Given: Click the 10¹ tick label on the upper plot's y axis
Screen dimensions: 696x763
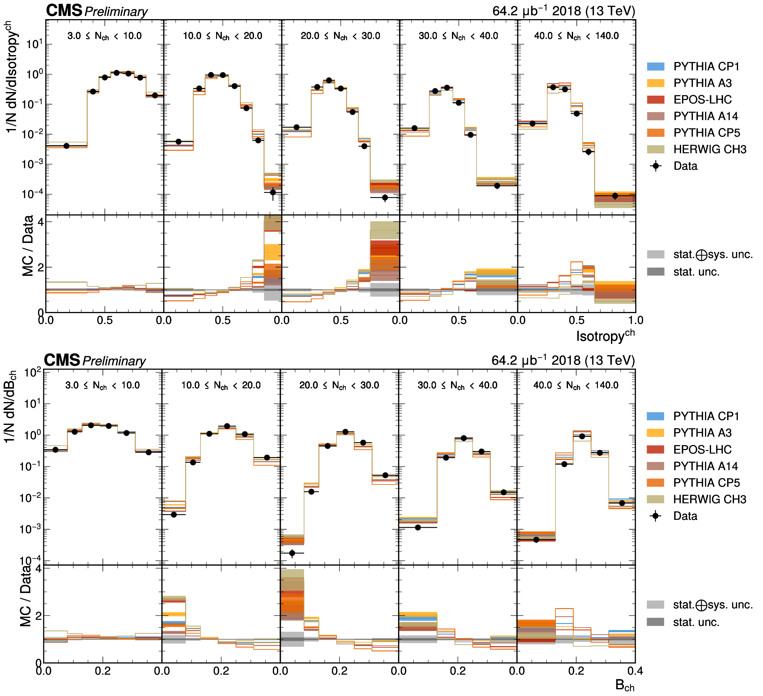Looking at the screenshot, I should click(34, 44).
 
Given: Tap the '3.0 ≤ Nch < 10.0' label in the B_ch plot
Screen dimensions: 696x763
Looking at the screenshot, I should click(103, 385).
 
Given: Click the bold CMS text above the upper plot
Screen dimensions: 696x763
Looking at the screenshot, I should click(64, 11).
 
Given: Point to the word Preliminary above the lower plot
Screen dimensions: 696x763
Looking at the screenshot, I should click(114, 361).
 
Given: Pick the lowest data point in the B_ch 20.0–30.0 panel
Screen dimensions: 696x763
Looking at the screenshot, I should click(292, 553).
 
